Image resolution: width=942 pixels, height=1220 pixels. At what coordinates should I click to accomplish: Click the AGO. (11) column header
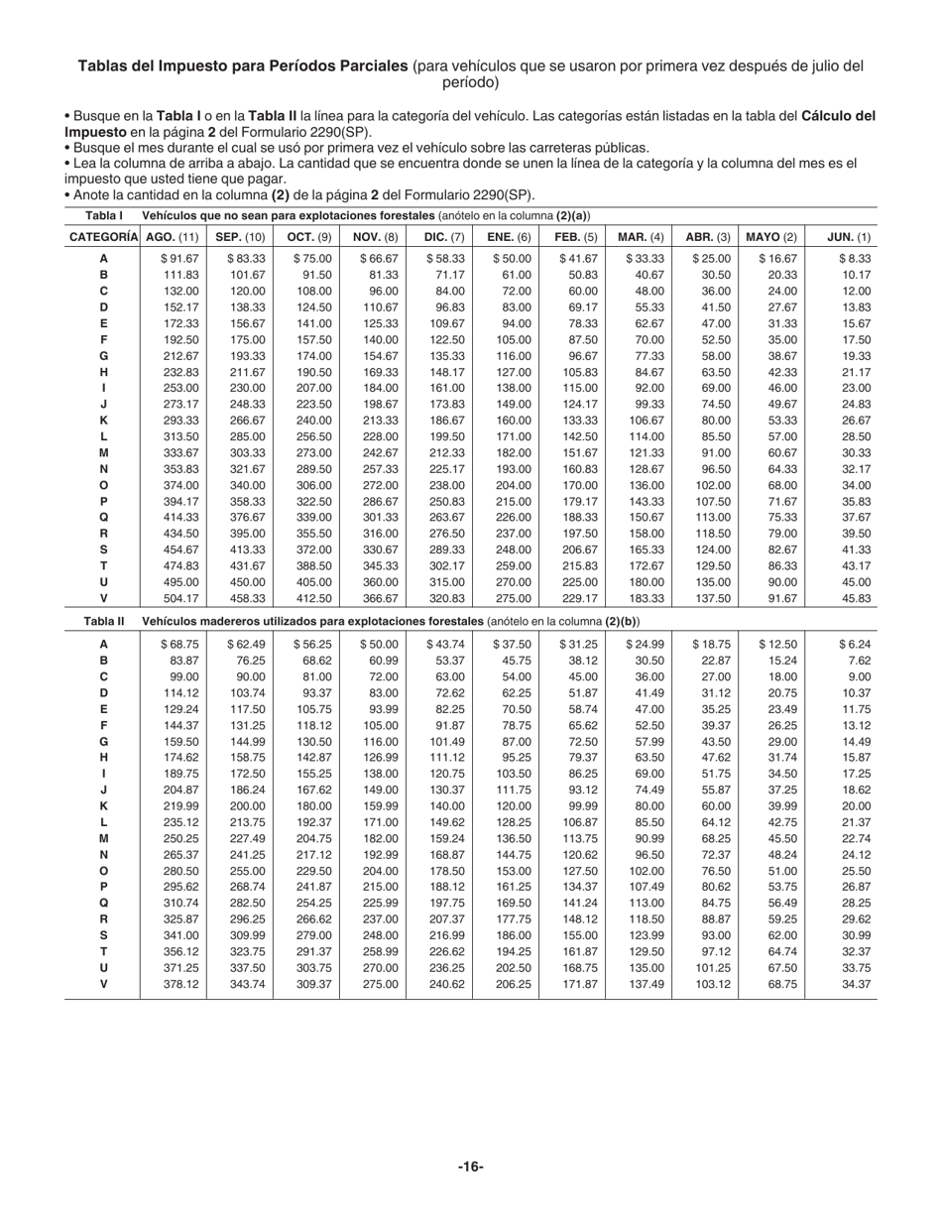click(173, 237)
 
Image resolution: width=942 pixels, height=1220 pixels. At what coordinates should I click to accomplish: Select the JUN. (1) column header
click(849, 237)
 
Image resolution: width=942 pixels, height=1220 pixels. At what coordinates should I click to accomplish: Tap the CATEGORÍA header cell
click(103, 237)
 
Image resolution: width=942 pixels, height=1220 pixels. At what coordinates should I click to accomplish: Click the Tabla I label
click(104, 215)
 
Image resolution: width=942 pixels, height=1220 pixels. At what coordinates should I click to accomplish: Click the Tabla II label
click(104, 621)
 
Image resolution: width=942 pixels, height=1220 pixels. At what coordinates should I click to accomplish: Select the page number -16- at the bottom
click(471, 1167)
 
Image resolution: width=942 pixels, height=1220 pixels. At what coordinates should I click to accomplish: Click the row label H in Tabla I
click(103, 372)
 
